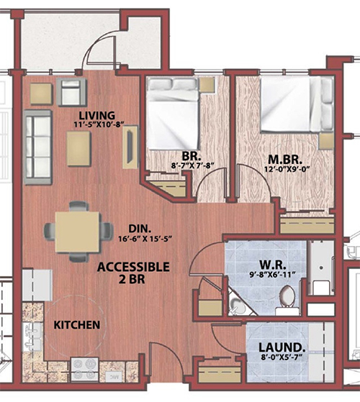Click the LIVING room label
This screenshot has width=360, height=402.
tap(96, 115)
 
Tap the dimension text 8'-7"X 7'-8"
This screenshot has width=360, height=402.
tap(192, 166)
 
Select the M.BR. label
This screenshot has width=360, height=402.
tap(285, 160)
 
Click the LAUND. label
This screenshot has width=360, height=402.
tap(282, 347)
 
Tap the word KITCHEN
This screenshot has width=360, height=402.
tap(77, 325)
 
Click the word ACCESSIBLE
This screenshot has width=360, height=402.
tap(133, 267)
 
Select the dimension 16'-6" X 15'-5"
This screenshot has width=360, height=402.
tap(145, 239)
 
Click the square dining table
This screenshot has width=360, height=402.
tap(78, 232)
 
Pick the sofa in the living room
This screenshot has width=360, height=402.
tap(38, 147)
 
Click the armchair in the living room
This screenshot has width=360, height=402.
tap(71, 92)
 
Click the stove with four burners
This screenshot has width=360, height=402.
tap(85, 369)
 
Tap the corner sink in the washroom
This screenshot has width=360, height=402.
tap(236, 305)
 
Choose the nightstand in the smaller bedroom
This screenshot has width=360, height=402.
tap(207, 84)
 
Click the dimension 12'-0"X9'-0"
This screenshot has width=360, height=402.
tap(286, 169)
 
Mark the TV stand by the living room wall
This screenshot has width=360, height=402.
tap(130, 147)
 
